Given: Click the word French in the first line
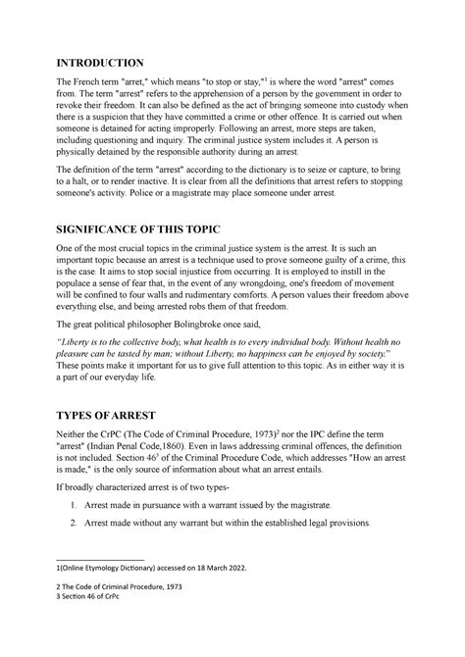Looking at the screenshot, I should pos(118,86).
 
